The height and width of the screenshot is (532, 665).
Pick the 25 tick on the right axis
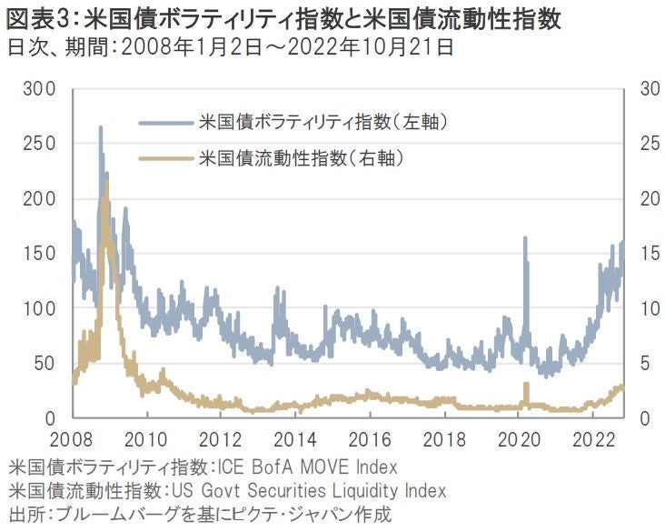coord(649,144)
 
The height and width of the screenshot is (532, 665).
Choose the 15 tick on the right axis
coord(649,254)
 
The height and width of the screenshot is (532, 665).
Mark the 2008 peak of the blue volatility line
coord(100,128)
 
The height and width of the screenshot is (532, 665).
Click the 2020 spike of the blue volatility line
coord(525,238)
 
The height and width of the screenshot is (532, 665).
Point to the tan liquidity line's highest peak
coord(106,183)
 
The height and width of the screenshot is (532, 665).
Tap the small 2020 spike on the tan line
coord(526,386)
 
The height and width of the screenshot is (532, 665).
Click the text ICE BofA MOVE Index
coord(307,468)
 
